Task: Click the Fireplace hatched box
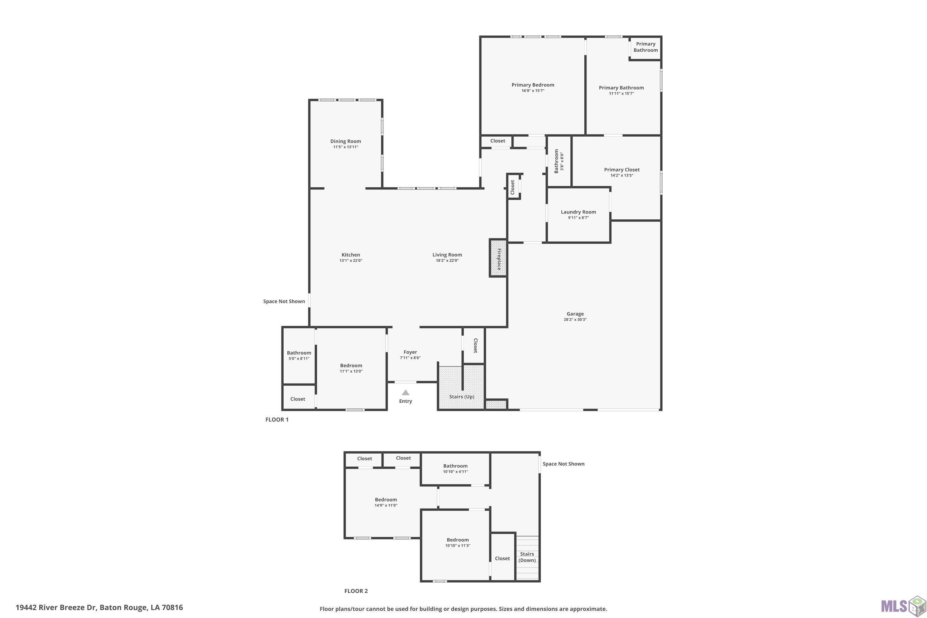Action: click(498, 258)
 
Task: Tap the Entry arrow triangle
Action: click(405, 392)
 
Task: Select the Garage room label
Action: click(575, 314)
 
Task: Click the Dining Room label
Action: click(346, 141)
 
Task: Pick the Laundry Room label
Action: click(578, 212)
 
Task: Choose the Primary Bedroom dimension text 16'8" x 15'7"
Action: click(533, 91)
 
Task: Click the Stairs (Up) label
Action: click(462, 396)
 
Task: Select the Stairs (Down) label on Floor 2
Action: click(527, 557)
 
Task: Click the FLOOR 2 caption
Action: click(356, 591)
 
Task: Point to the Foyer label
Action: click(410, 352)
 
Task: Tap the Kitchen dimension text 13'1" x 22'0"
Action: click(351, 260)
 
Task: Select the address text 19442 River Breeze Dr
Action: click(56, 607)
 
